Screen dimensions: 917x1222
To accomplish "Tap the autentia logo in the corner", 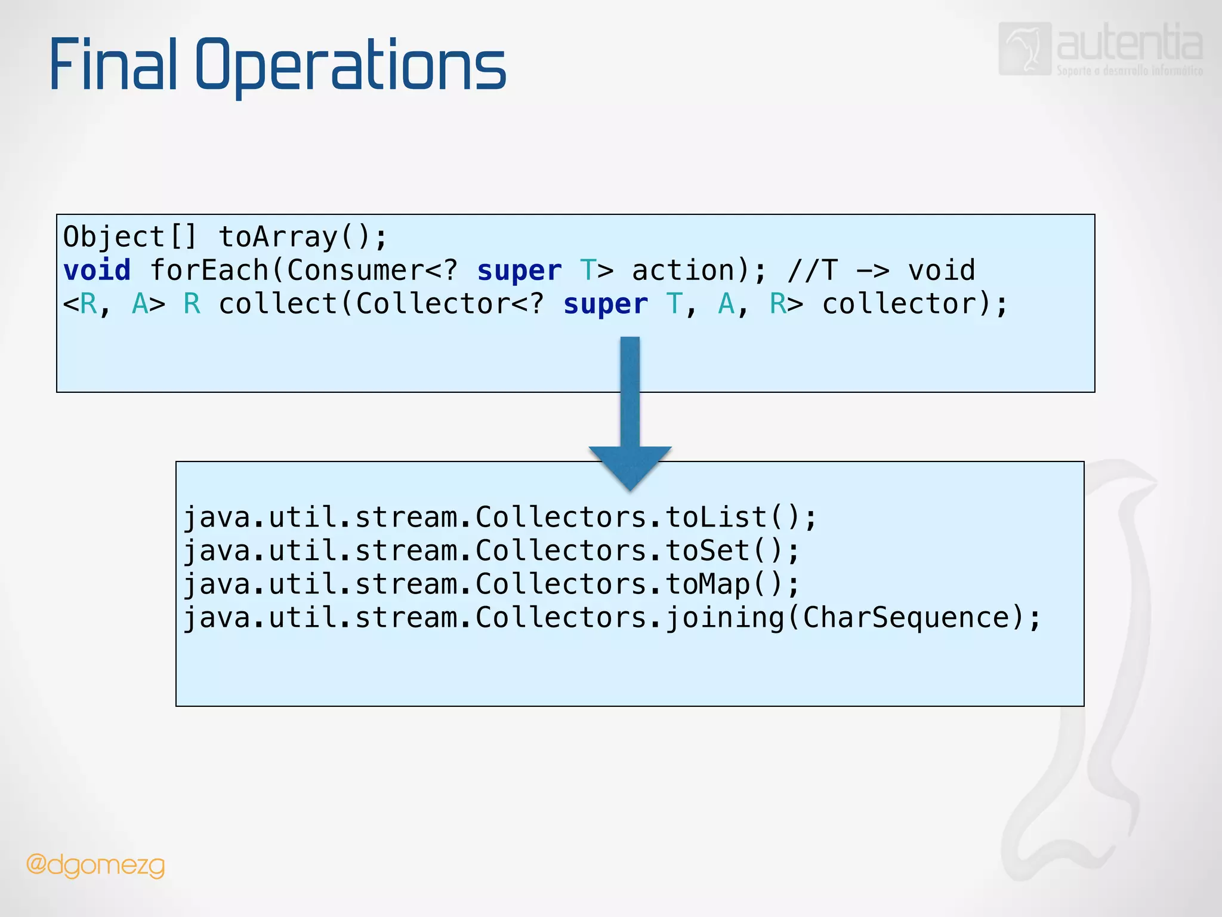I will (x=1100, y=49).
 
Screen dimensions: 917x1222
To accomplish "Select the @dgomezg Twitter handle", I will (x=95, y=865).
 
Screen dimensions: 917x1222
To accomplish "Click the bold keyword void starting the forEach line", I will (x=97, y=270).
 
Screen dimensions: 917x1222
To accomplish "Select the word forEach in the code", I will (x=209, y=270).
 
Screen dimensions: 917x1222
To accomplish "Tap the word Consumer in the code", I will (x=356, y=270).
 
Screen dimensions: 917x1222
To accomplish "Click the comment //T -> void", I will (x=881, y=270).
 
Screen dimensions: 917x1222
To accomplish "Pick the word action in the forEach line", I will (x=683, y=270).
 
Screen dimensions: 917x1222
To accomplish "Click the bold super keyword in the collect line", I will (x=605, y=304).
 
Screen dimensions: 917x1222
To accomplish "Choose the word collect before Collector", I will (x=278, y=304).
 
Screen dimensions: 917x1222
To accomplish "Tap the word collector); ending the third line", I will (x=915, y=304).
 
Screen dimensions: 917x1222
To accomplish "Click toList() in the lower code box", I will (x=740, y=517).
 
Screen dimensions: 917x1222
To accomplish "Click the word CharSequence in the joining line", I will (x=906, y=617).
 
